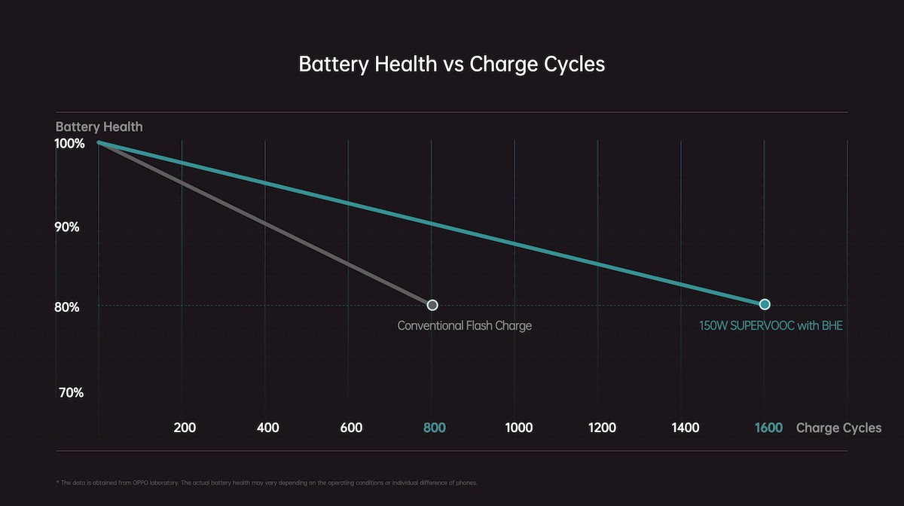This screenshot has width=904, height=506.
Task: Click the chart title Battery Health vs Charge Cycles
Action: [451, 64]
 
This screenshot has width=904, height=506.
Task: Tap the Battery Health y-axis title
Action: [99, 126]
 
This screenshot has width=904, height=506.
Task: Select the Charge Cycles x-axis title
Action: [838, 428]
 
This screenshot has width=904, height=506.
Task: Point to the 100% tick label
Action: [69, 143]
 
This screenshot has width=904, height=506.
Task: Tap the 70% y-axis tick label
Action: [69, 392]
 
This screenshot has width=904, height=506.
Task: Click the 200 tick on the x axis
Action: [185, 428]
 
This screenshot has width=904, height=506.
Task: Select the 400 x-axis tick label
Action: [268, 428]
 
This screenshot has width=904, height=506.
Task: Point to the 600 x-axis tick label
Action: [351, 428]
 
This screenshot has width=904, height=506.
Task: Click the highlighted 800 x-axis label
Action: [435, 428]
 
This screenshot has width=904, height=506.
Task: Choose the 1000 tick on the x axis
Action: [518, 428]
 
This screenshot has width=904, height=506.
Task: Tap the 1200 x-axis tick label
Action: [602, 428]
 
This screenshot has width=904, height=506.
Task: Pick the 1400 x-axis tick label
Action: [685, 428]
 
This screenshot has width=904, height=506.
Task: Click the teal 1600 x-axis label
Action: [768, 428]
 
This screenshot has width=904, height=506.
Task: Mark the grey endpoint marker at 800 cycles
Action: [432, 305]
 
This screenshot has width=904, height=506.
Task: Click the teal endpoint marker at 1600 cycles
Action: [765, 304]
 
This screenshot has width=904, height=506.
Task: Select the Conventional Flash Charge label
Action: [464, 326]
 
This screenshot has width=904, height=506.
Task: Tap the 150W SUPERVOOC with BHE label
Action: [771, 326]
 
